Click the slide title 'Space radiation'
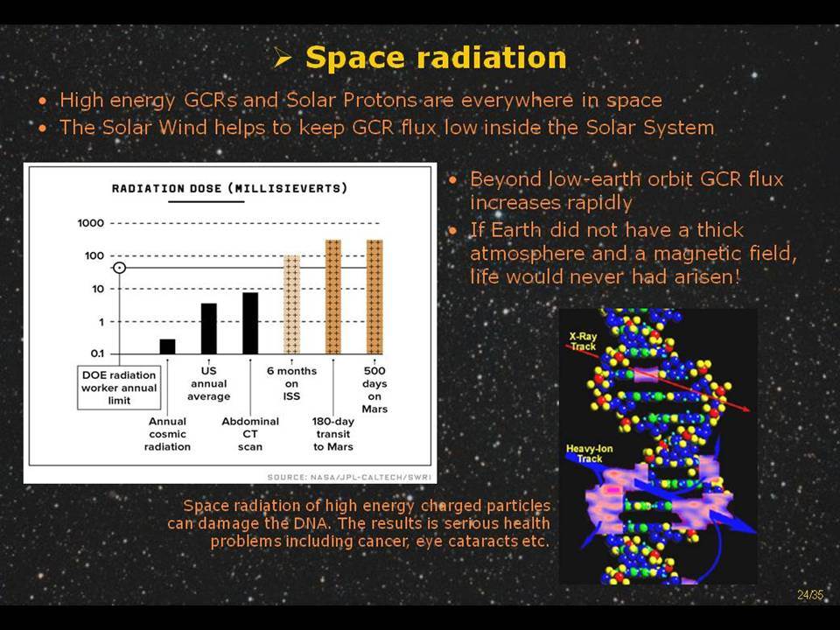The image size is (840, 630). [x=436, y=58]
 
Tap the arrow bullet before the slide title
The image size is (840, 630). [x=282, y=58]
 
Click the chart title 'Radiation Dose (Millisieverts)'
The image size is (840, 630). [x=229, y=189]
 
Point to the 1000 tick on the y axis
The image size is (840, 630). [x=90, y=223]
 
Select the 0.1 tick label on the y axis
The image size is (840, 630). [x=97, y=353]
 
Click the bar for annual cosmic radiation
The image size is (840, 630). [x=167, y=346]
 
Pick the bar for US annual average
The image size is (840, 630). [x=209, y=328]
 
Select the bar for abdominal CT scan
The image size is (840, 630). [x=250, y=323]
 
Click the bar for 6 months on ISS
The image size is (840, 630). [x=291, y=304]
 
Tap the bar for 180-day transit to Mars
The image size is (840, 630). [x=333, y=297]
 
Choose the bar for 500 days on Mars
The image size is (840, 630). [x=374, y=297]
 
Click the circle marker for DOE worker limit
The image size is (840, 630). [x=120, y=268]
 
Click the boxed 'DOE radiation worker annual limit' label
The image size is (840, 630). [x=119, y=388]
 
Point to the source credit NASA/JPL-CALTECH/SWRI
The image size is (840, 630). [x=349, y=478]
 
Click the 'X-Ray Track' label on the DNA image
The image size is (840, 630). [x=583, y=341]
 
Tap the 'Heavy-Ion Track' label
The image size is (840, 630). [x=589, y=454]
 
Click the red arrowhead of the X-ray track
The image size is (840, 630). [x=745, y=409]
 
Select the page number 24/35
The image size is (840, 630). [x=810, y=595]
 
